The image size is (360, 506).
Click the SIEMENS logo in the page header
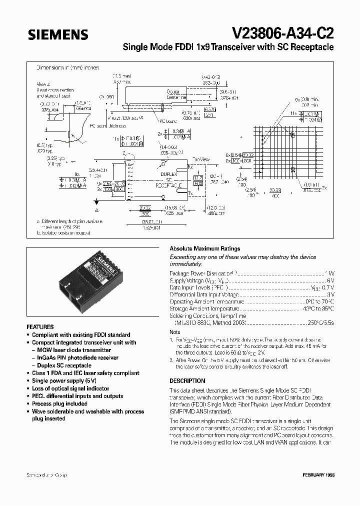(x=58, y=34)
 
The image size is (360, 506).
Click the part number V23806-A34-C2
(x=283, y=33)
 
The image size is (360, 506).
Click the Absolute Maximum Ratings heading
(x=204, y=248)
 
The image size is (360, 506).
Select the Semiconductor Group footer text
(x=46, y=474)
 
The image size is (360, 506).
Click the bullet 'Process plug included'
(x=59, y=403)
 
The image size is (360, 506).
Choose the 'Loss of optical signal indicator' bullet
(x=70, y=388)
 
